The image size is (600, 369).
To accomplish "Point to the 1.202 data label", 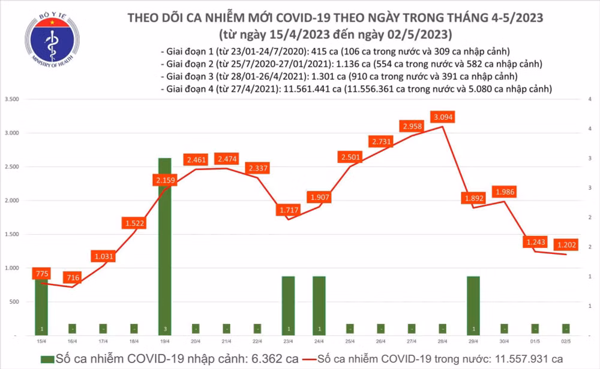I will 566,244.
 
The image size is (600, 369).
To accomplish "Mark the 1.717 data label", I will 289,210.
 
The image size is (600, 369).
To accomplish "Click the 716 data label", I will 72,276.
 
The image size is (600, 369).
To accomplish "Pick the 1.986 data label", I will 505,192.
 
